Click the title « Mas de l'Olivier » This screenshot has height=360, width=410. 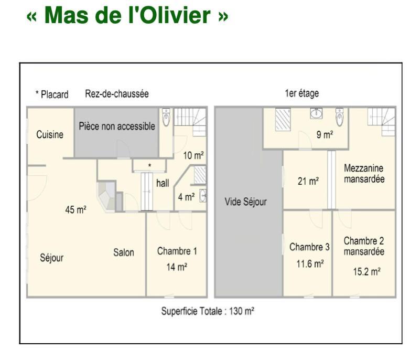pos(127,15)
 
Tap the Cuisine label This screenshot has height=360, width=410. pos(50,134)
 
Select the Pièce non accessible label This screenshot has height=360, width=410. pos(117,126)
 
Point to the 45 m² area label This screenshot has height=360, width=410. pos(76,209)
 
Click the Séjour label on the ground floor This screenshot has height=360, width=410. pos(51,258)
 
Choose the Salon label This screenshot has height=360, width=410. pos(124,252)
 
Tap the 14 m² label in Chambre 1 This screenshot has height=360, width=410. pos(177,267)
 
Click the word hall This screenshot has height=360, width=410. pos(163,183)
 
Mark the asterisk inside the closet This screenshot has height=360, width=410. pos(149,165)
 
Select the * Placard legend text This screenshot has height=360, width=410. pos(52,94)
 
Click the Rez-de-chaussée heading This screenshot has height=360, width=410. pos(117,93)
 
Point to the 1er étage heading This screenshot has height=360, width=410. pos(302,93)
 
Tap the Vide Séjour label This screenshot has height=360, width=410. pos(246,202)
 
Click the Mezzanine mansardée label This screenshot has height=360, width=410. pos(364,174)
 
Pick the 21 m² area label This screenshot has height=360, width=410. pos(308,181)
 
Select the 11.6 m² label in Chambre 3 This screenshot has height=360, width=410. pos(310,264)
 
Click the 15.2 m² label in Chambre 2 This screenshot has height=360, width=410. pos(366,271)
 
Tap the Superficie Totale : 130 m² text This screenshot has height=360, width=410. pos(208,311)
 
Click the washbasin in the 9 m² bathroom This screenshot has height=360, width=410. pos(316,113)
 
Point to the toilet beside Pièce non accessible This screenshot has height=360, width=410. pos(166,118)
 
